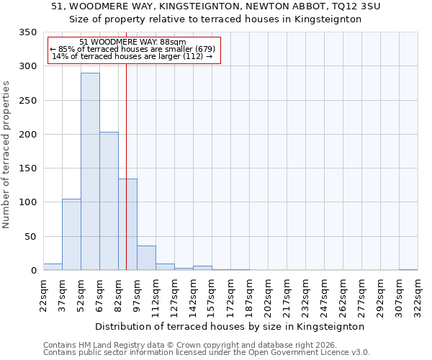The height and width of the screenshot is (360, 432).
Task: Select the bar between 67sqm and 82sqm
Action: click(x=109, y=201)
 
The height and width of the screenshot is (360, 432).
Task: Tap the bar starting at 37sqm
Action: click(x=71, y=234)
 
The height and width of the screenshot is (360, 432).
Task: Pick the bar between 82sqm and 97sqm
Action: click(x=127, y=224)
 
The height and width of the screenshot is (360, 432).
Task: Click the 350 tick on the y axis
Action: click(x=28, y=32)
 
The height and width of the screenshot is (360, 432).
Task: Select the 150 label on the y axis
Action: click(x=28, y=168)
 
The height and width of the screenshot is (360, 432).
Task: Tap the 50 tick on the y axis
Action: click(x=31, y=236)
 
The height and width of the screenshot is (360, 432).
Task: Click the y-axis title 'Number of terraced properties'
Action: click(x=6, y=154)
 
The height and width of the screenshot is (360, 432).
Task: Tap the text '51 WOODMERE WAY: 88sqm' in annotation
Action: click(x=132, y=42)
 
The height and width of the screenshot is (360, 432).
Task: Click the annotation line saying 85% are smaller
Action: click(x=132, y=49)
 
